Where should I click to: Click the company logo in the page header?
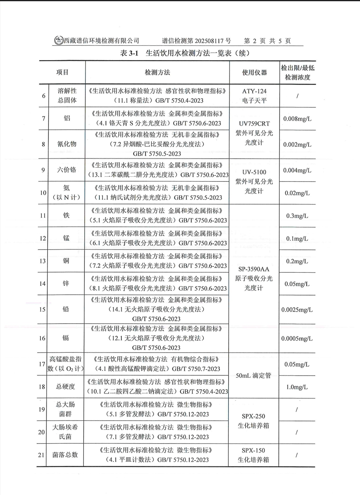click(59, 40)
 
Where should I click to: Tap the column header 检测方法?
click(157, 72)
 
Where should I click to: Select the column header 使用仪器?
click(254, 72)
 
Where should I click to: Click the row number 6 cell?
click(43, 96)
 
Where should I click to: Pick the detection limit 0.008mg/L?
click(297, 119)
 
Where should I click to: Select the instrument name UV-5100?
click(254, 172)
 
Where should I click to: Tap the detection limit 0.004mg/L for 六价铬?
click(297, 170)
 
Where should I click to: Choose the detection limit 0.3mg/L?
click(297, 216)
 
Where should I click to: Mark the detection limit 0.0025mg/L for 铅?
click(297, 310)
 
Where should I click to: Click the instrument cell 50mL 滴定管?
click(254, 375)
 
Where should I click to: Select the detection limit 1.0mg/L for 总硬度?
click(297, 387)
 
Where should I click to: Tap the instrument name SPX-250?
click(254, 417)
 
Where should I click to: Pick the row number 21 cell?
click(42, 455)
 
